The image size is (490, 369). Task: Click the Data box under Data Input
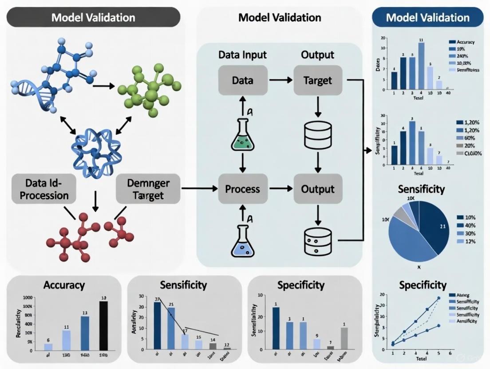coord(243,80)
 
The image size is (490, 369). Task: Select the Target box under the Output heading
coord(318,80)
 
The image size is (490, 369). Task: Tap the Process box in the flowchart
coord(242,189)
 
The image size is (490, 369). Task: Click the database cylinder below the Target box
coord(318,134)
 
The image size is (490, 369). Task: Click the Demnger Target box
coord(148,189)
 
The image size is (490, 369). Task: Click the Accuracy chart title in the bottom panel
coord(64,285)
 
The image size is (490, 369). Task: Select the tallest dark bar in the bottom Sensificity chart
coord(157,326)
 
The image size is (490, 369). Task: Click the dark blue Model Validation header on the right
coord(427,18)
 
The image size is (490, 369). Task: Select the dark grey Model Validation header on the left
coord(93,18)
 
